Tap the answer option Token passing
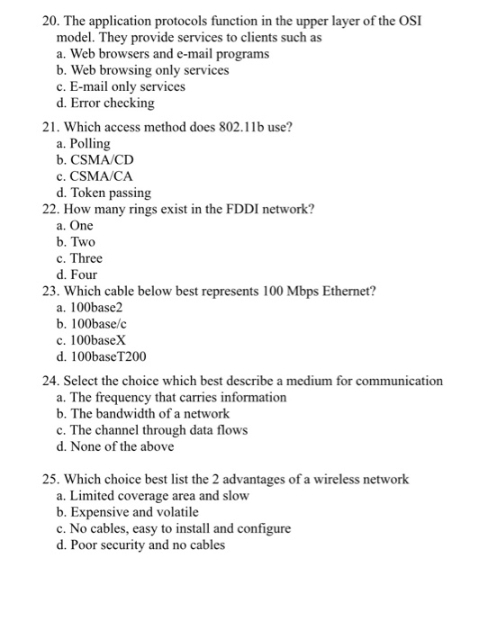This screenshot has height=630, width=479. tap(112, 193)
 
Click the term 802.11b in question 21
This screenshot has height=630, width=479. tap(239, 127)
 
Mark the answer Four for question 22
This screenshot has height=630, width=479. tap(84, 274)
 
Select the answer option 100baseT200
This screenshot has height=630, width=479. tap(112, 356)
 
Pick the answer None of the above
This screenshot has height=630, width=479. tap(122, 446)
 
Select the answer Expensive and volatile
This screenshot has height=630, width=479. tap(135, 511)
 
